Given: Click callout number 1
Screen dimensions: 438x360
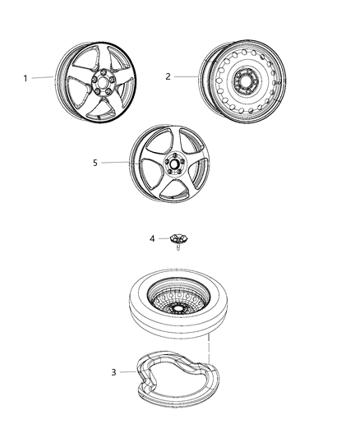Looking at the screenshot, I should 25,78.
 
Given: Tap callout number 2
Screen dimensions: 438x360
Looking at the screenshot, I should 168,76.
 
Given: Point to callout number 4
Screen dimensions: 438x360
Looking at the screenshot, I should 152,239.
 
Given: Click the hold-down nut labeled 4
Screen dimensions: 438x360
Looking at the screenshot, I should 177,238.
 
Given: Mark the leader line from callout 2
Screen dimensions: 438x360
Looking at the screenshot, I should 186,76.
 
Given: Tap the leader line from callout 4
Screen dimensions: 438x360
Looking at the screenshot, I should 162,239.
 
